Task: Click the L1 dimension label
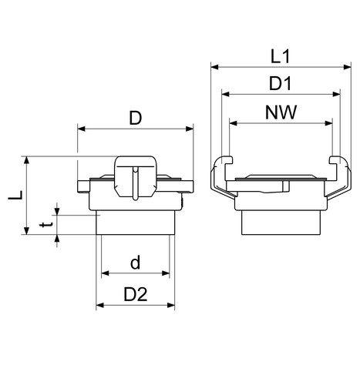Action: [x=281, y=57]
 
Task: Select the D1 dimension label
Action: [x=280, y=83]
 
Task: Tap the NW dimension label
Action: [x=281, y=112]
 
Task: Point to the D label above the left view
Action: [x=136, y=118]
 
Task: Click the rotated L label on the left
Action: [x=15, y=196]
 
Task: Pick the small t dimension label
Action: [x=46, y=225]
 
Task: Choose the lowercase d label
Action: [x=135, y=263]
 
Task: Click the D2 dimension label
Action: [x=136, y=294]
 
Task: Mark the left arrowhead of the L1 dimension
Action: [x=214, y=67]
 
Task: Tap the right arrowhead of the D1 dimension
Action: [x=336, y=94]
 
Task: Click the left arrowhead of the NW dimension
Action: [x=233, y=123]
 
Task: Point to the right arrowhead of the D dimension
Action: [x=190, y=129]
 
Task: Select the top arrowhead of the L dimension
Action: [x=26, y=160]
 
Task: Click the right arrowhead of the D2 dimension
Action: [x=171, y=305]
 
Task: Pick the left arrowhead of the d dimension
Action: [x=106, y=273]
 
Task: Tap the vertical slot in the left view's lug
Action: [x=136, y=182]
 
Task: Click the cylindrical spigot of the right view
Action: [x=281, y=223]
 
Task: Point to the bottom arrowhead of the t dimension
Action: [x=57, y=239]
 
